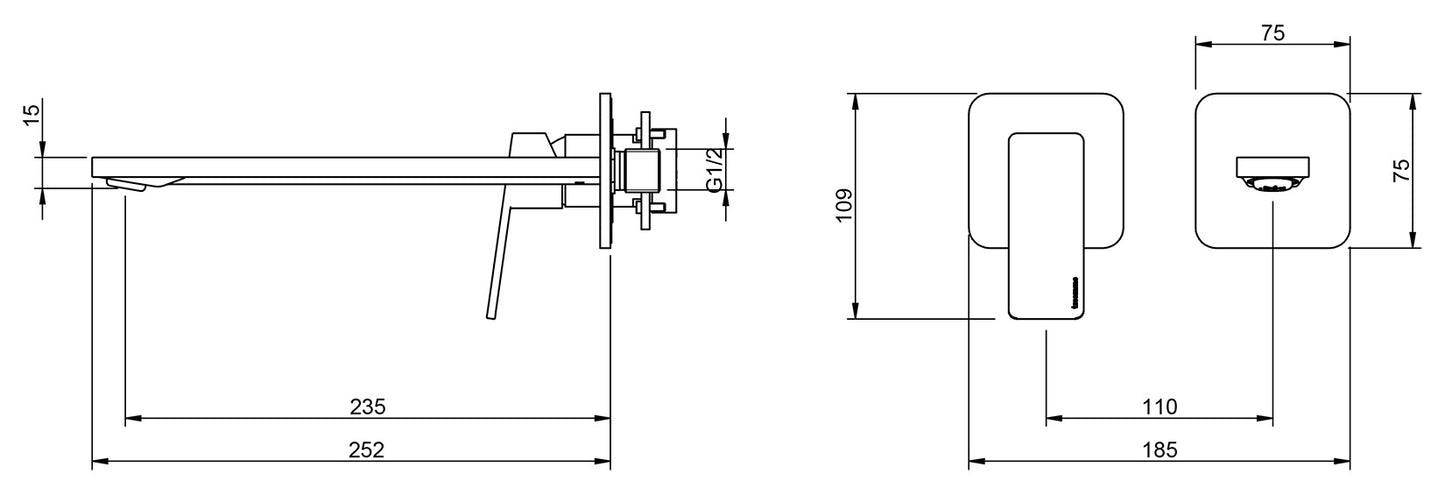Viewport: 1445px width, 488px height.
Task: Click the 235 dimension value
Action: point(367,407)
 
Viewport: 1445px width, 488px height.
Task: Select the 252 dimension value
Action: point(367,450)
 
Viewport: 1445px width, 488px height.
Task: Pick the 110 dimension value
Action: point(1159,407)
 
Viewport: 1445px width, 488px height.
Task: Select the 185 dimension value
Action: point(1159,450)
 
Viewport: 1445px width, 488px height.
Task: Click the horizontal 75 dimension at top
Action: point(1272,33)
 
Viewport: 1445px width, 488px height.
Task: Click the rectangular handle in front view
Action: point(1046,225)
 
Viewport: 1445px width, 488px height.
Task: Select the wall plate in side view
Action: point(604,172)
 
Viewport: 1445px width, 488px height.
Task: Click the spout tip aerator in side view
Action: point(125,186)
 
